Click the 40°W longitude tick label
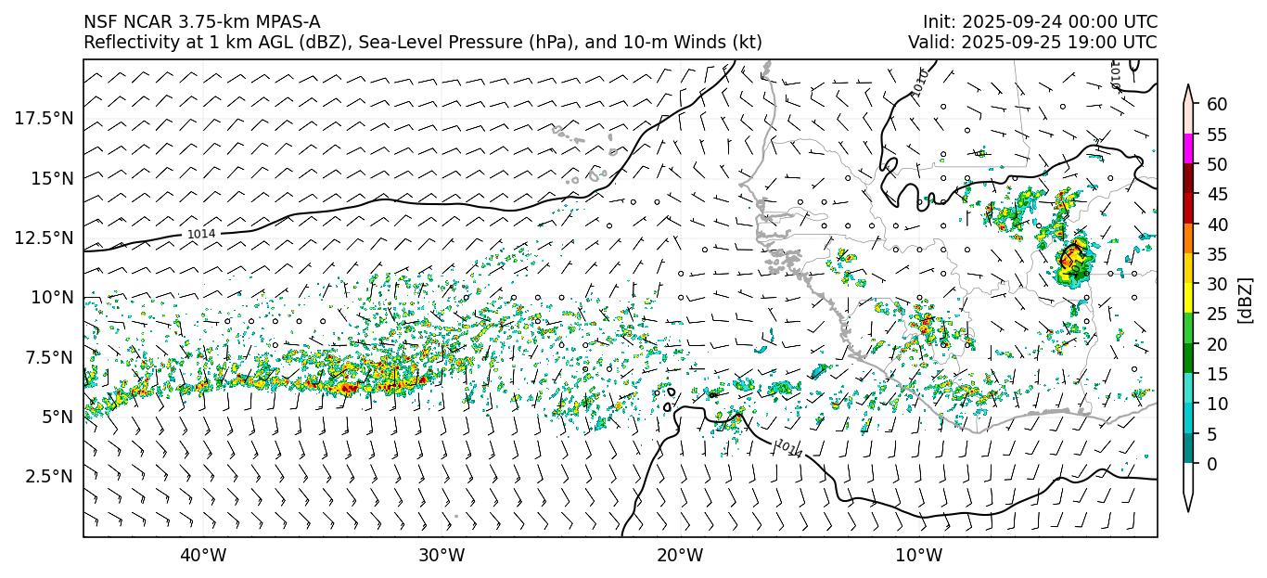click(202, 556)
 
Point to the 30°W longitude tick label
click(442, 556)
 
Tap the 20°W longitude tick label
click(680, 556)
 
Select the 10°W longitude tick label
click(919, 556)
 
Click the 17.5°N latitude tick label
click(45, 118)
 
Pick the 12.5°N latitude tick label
click(45, 238)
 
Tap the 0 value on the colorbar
click(1211, 464)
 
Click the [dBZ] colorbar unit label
click(1246, 300)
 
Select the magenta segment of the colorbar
click(1188, 148)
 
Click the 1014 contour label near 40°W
click(201, 235)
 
